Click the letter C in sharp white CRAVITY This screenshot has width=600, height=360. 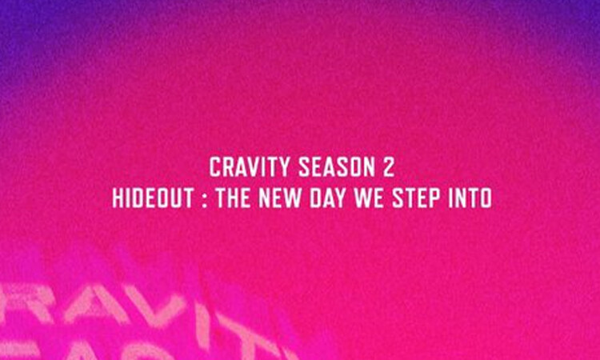(214, 168)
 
